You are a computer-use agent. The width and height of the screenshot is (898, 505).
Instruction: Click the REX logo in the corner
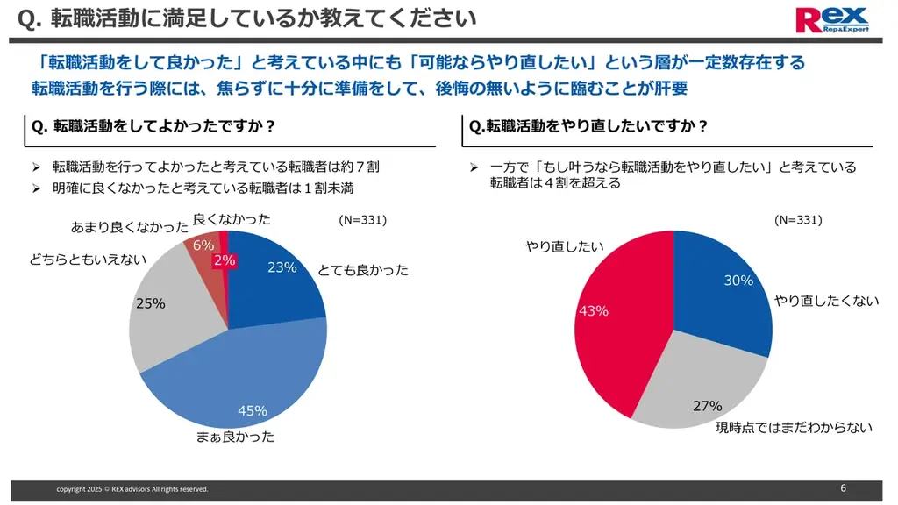831,19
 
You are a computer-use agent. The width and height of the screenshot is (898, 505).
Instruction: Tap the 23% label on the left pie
282,267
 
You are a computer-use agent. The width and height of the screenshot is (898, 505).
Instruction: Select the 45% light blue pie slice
254,377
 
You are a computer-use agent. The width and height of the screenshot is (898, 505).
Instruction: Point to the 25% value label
150,303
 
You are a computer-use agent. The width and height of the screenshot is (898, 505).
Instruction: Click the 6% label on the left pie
203,245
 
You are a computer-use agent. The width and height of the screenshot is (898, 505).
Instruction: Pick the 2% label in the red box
224,260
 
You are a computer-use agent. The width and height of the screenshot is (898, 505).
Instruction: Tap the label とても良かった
363,270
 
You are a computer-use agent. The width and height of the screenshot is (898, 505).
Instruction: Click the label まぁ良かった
235,436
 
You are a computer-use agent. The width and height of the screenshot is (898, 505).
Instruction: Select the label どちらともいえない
88,260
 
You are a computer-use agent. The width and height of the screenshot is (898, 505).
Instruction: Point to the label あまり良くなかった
129,228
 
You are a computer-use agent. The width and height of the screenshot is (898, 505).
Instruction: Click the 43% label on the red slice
594,311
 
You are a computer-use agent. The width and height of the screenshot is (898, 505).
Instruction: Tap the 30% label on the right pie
738,280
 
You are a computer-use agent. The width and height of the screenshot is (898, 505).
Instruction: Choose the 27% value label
707,406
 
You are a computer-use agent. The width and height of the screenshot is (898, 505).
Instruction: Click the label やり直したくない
826,301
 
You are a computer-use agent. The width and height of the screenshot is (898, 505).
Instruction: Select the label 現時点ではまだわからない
795,428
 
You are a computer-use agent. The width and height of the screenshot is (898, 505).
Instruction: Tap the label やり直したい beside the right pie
565,247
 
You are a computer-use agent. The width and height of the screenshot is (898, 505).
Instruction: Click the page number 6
843,487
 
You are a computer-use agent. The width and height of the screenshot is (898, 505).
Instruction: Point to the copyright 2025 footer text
132,489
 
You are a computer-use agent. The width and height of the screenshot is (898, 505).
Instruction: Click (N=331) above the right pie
798,220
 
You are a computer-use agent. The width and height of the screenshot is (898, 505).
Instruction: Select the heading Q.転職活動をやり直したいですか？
589,126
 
